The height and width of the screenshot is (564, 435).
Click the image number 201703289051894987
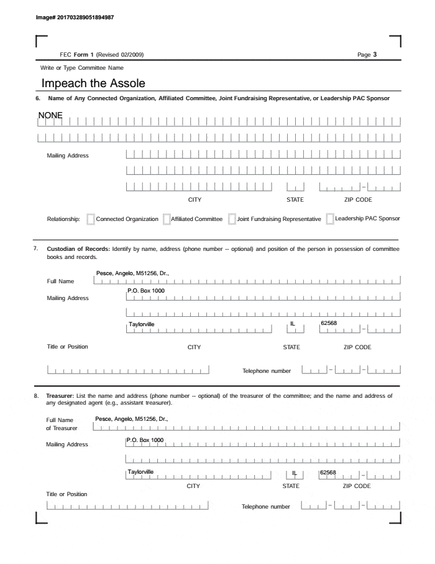click(x=76, y=17)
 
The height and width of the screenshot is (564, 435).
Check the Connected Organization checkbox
click(x=91, y=219)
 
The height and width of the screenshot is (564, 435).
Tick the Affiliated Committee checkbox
click(x=167, y=219)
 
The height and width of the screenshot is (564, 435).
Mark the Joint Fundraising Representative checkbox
click(x=232, y=219)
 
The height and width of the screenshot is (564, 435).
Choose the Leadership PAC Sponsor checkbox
click(x=329, y=219)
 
